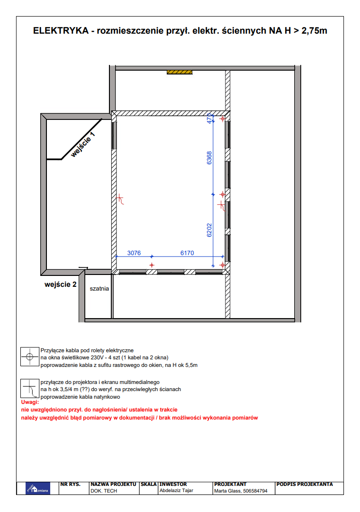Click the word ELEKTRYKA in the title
(61, 31)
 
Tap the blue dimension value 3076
(134, 253)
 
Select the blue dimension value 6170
(187, 253)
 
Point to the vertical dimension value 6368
(209, 158)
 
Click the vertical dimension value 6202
(209, 230)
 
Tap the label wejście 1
(83, 144)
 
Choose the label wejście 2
(60, 284)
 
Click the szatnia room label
(99, 288)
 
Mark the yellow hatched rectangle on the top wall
(180, 72)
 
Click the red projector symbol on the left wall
(120, 199)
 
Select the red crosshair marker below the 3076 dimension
(152, 265)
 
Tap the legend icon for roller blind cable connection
(30, 357)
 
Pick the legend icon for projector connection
(30, 388)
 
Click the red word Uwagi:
(30, 402)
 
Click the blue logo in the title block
(38, 488)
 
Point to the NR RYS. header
(70, 484)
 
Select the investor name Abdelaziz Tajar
(176, 491)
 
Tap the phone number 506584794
(255, 491)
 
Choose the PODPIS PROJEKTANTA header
(305, 484)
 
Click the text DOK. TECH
(103, 491)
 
